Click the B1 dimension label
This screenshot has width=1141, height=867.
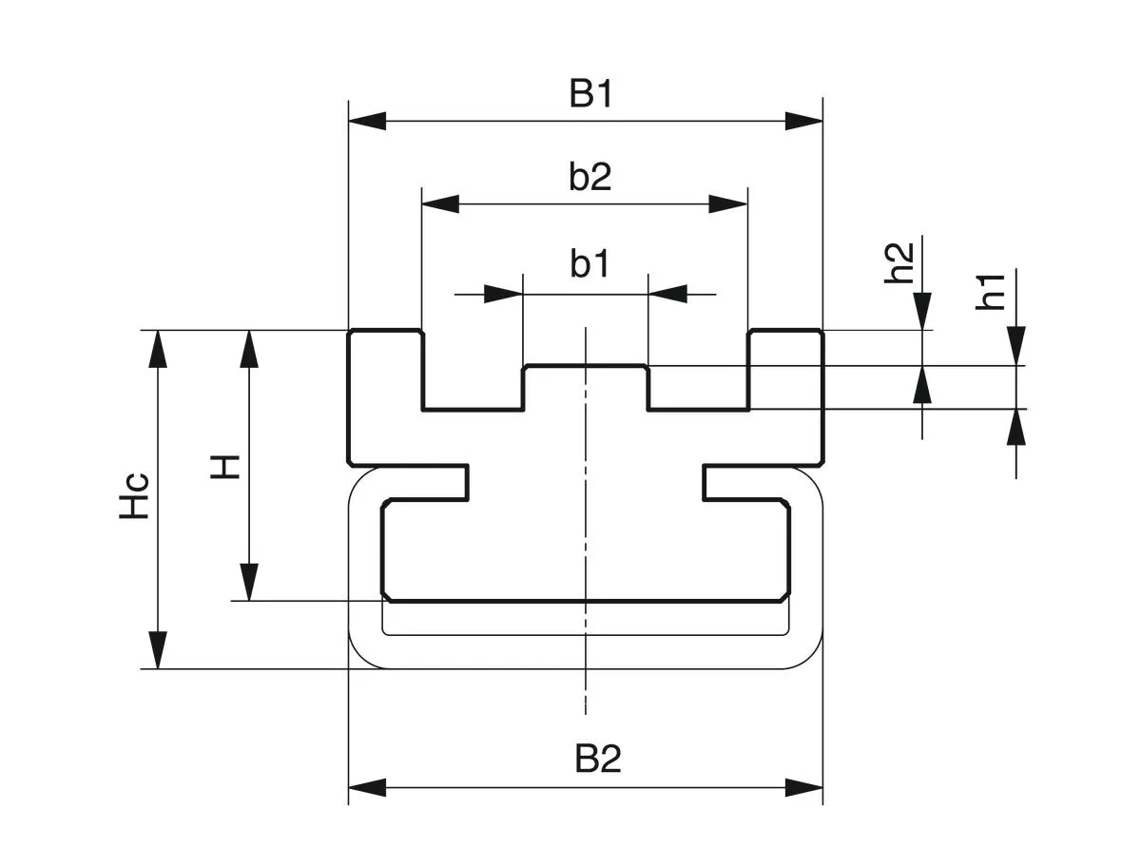pyautogui.click(x=590, y=95)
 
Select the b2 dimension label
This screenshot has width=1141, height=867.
pyautogui.click(x=590, y=178)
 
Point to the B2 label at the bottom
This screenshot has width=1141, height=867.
pyautogui.click(x=597, y=760)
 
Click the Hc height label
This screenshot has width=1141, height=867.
pyautogui.click(x=134, y=495)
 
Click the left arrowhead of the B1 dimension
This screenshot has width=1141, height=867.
pyautogui.click(x=368, y=121)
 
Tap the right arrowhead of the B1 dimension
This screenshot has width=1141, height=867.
pyautogui.click(x=803, y=121)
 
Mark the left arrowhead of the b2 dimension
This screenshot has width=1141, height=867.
pyautogui.click(x=440, y=203)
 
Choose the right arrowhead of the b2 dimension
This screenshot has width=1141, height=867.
pyautogui.click(x=728, y=203)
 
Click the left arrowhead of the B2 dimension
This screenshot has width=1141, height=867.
pyautogui.click(x=368, y=787)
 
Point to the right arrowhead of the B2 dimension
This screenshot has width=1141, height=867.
pyautogui.click(x=803, y=787)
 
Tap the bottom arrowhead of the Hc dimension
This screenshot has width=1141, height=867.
pyautogui.click(x=158, y=650)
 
